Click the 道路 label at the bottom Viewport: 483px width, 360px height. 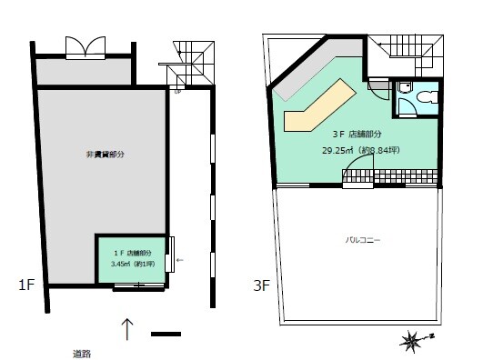(82, 355)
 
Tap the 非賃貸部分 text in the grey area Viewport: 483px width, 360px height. (106, 155)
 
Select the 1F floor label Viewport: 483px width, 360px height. (26, 285)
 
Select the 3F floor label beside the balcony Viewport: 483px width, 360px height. (262, 285)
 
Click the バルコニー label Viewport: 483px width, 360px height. (363, 240)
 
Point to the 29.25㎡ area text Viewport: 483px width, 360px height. (337, 151)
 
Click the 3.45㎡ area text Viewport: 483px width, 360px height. (117, 264)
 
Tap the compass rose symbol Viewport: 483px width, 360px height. (413, 341)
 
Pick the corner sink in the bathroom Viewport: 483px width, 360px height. (405, 87)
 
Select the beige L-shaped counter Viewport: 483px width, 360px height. (319, 105)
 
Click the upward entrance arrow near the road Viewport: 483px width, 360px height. (127, 329)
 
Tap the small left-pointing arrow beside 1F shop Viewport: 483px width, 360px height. (179, 260)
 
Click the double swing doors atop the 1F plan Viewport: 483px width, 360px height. (86, 48)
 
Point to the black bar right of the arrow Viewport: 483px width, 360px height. (166, 334)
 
